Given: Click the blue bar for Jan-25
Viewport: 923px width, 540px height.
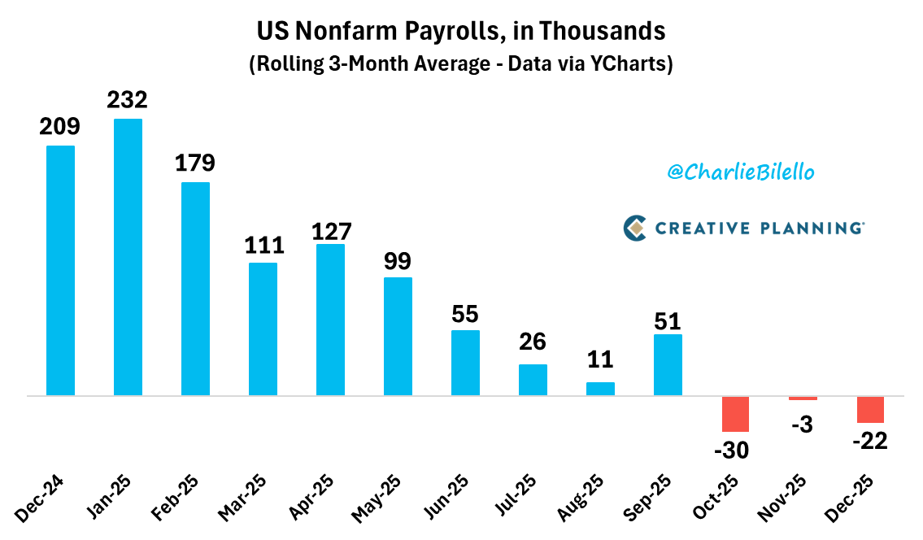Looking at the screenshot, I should coord(128,257).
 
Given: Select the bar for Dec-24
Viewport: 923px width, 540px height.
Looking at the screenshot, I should coord(60,271).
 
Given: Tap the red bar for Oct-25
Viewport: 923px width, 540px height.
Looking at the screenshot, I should coord(735,414).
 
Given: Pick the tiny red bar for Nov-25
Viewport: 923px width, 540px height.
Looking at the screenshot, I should coord(803,398).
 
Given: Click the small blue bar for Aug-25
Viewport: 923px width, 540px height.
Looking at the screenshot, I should coord(600,389).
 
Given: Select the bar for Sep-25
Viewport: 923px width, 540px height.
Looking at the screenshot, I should coord(668,365).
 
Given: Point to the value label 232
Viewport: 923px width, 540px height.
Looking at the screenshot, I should coord(128,100).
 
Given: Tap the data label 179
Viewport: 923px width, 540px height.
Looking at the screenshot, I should coord(195,163).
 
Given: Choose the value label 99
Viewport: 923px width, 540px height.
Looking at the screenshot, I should coord(398,260).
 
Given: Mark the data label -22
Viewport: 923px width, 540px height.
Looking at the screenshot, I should coord(869,441).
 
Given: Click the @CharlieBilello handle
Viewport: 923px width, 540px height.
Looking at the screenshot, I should coord(741,172).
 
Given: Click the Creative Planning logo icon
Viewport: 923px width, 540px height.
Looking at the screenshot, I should coord(634,228).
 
